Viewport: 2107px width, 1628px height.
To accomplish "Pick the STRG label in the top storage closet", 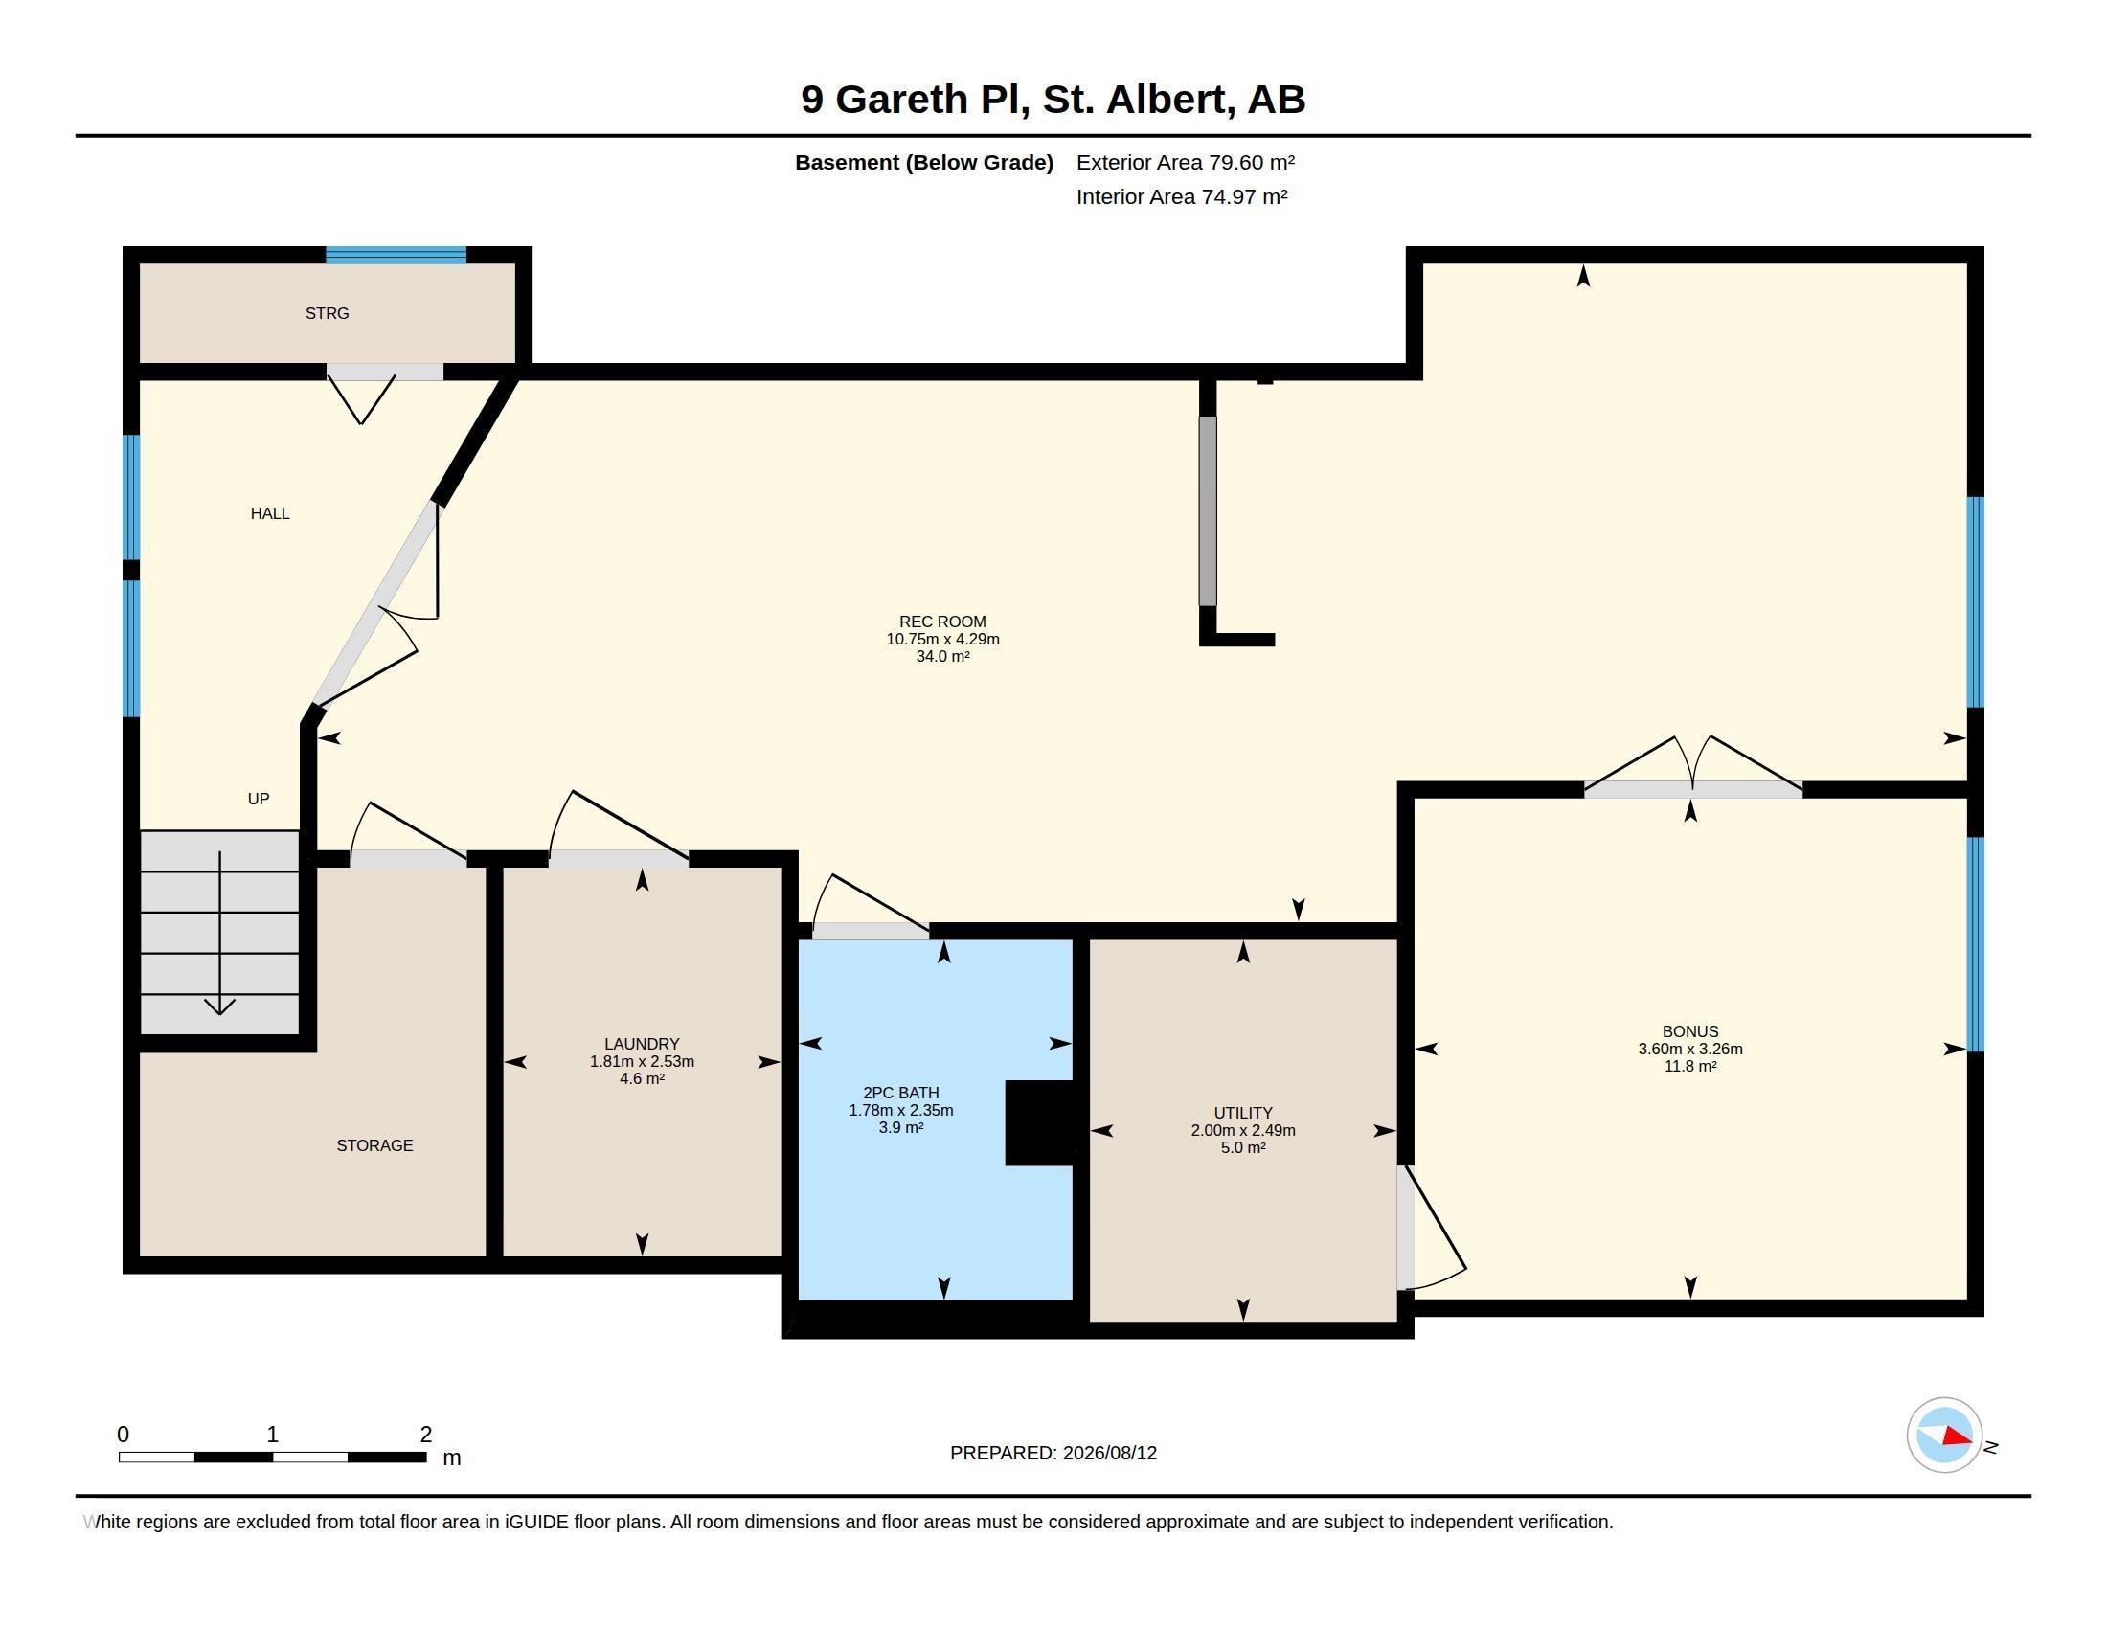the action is [327, 313].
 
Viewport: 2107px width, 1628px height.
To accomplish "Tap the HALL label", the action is [270, 514].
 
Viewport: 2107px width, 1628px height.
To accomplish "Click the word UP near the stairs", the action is [259, 799].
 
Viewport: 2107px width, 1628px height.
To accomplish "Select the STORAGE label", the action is [374, 1145].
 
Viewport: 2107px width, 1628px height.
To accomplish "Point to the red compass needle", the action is [1956, 1437].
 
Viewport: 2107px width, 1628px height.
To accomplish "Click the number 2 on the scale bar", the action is [425, 1435].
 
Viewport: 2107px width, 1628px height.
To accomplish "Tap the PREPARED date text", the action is [1053, 1453].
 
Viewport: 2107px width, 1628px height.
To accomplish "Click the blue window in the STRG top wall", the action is [396, 255].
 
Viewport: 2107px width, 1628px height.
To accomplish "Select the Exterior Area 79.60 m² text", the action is [1186, 162].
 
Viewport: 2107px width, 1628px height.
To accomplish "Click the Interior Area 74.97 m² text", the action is [1182, 196].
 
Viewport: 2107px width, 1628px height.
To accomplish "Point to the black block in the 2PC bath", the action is [1039, 1122].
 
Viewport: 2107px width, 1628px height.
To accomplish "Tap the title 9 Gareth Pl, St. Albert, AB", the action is [1053, 100].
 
